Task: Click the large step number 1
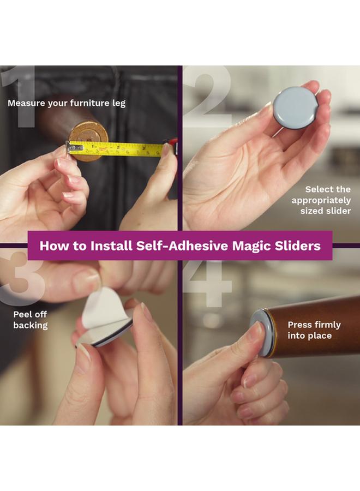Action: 21,95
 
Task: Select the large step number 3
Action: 22,281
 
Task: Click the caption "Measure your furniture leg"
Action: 67,103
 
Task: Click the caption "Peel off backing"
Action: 31,320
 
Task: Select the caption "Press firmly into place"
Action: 314,330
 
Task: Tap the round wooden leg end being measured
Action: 88,136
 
